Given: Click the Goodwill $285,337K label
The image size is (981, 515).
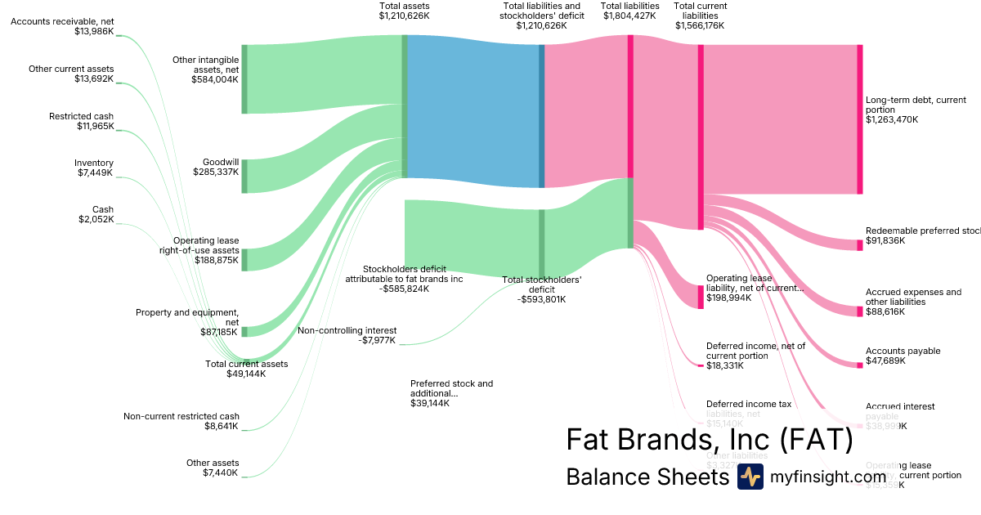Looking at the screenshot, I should click(x=216, y=168).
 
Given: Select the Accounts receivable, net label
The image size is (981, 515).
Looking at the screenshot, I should click(x=62, y=26).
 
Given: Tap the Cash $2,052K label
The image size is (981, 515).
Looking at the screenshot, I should click(x=96, y=214).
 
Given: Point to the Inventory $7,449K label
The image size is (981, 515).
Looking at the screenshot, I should click(x=94, y=168).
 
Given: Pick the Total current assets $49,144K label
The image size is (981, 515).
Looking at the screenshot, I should click(x=246, y=369).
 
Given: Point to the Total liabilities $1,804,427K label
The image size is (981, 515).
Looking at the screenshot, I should click(x=629, y=11).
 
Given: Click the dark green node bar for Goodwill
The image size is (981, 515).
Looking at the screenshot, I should click(x=244, y=176).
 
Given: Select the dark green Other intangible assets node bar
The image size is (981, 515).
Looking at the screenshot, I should click(x=244, y=79).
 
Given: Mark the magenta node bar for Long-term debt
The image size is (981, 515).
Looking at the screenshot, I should click(x=859, y=119).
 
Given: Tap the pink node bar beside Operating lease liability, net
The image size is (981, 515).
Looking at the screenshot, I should click(x=701, y=296).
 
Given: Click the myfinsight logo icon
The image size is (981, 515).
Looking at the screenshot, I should click(x=750, y=477).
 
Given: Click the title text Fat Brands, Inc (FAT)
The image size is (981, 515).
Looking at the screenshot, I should click(x=709, y=440).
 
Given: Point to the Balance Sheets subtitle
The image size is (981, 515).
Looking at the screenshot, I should click(x=647, y=477).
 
